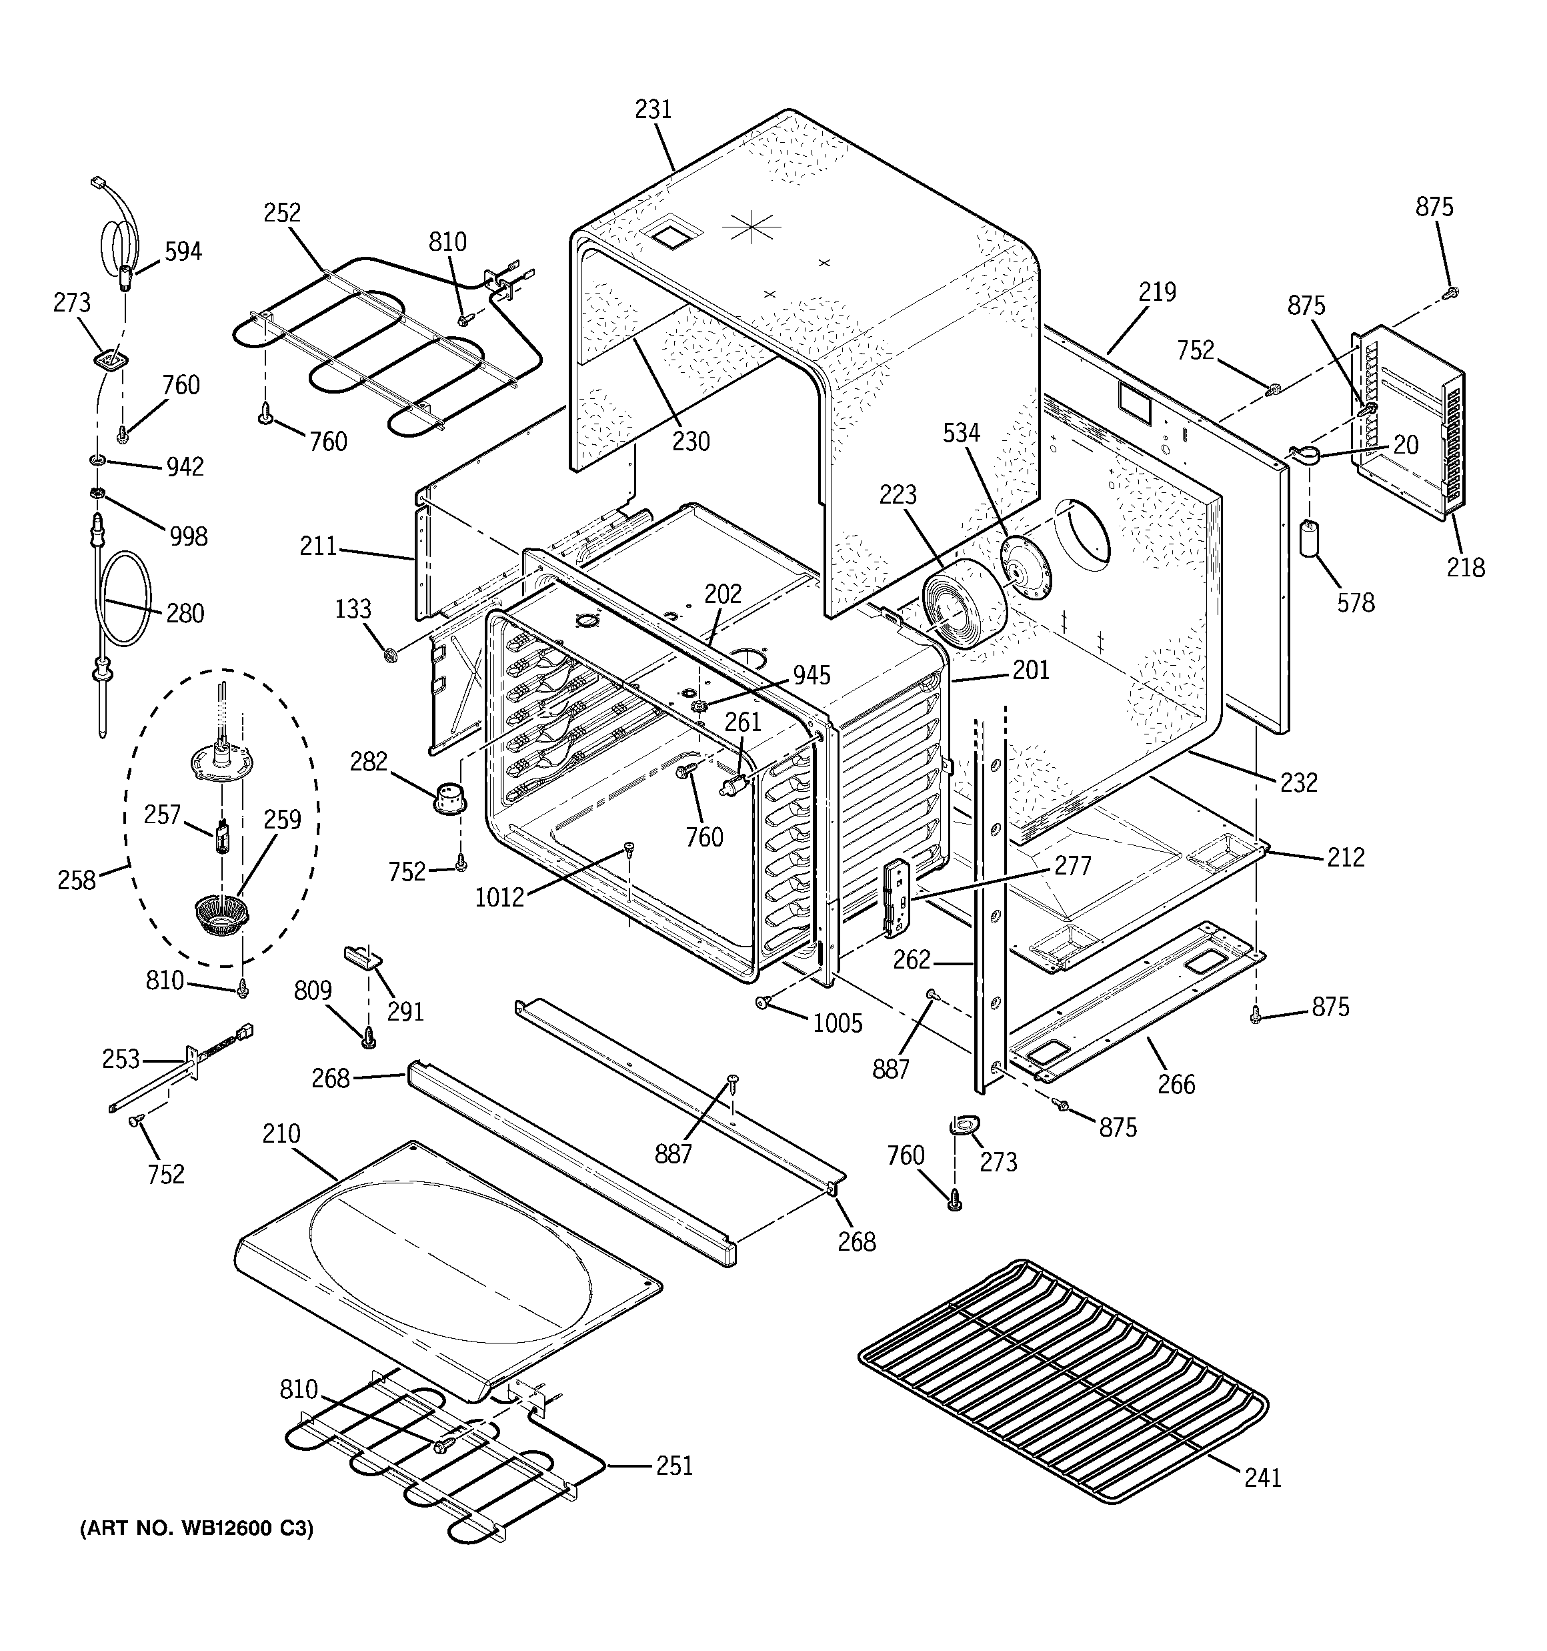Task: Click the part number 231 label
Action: pyautogui.click(x=653, y=109)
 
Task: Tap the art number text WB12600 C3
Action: pyautogui.click(x=197, y=1528)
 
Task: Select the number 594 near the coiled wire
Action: pyautogui.click(x=183, y=251)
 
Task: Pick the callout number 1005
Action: pyautogui.click(x=837, y=1023)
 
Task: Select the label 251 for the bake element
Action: pyautogui.click(x=673, y=1465)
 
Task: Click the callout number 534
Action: pyautogui.click(x=961, y=433)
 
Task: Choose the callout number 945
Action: pyautogui.click(x=812, y=675)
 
